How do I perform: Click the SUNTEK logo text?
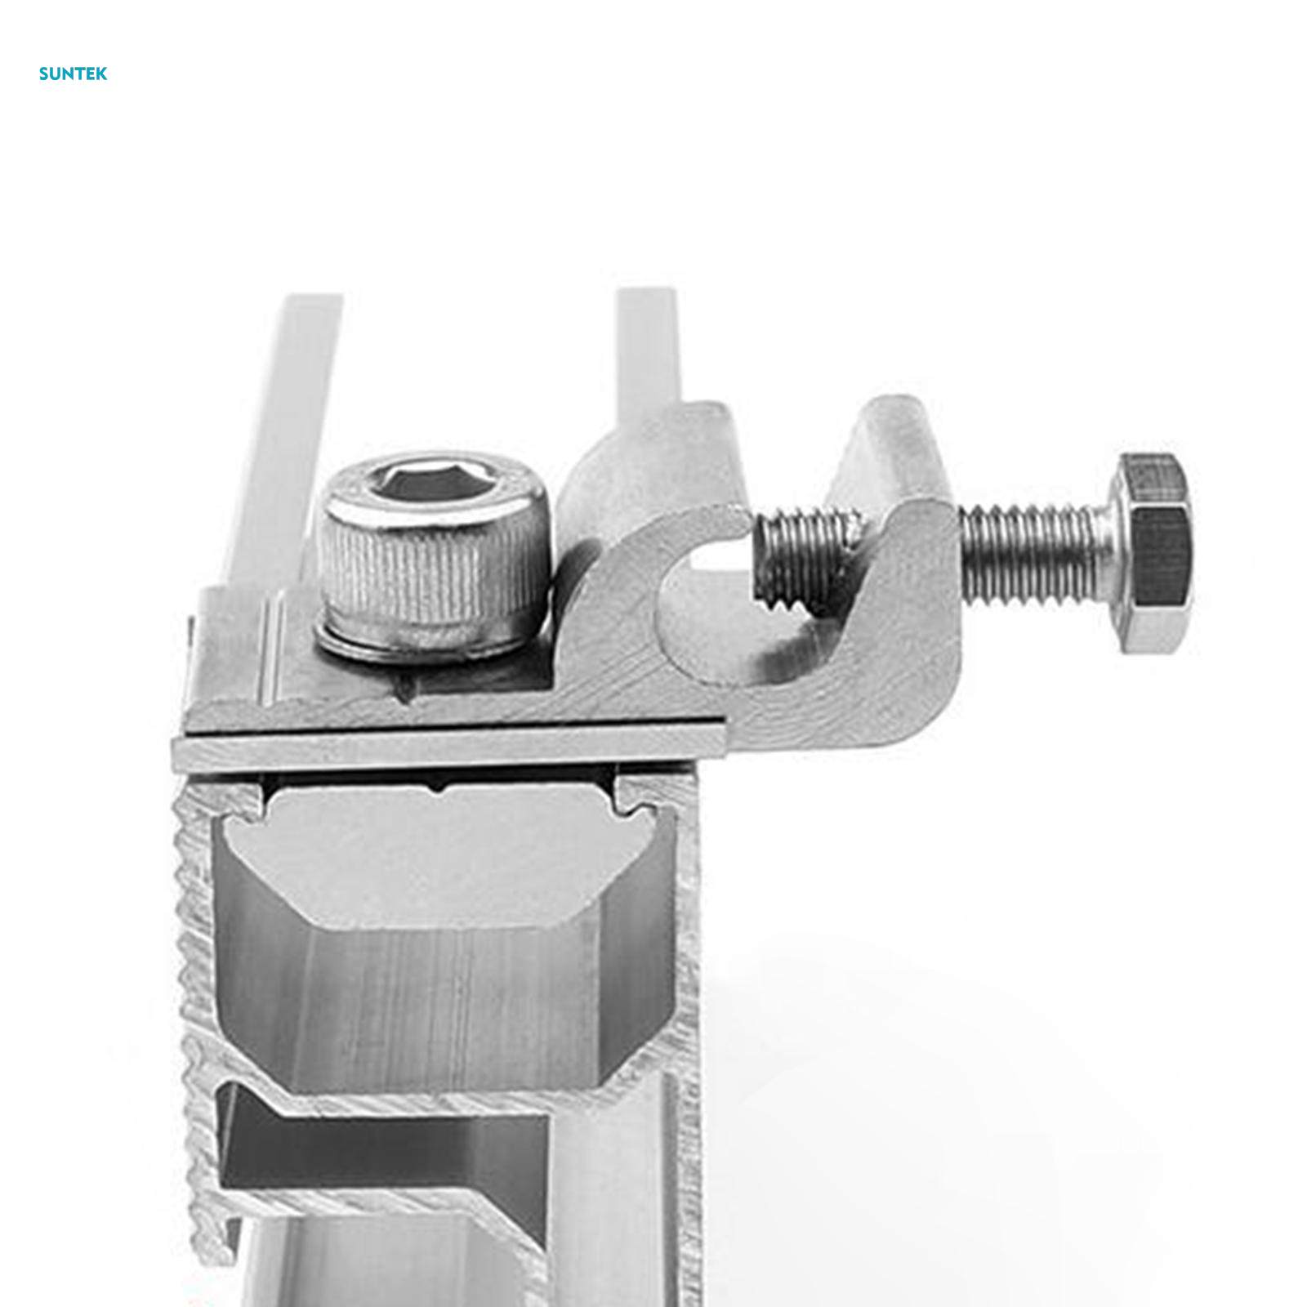click(x=73, y=74)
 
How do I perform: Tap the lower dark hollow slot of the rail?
click(x=384, y=1144)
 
